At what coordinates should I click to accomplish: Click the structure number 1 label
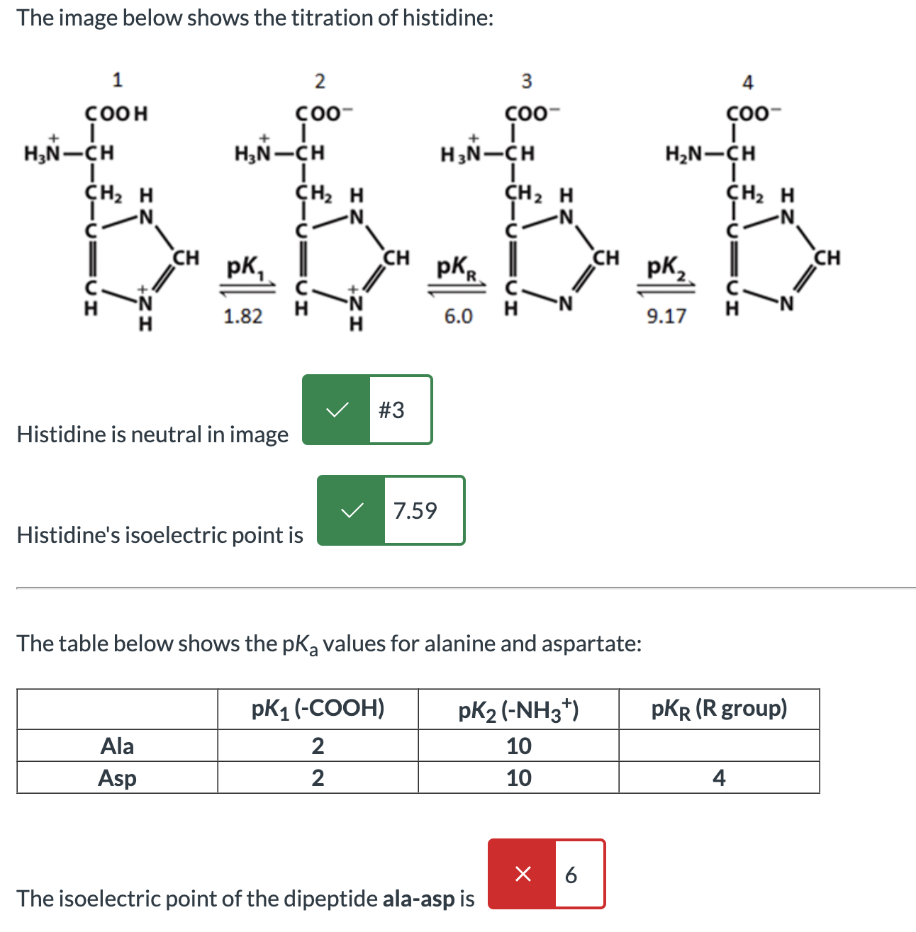pyautogui.click(x=118, y=79)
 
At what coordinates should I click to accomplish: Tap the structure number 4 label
pyautogui.click(x=747, y=82)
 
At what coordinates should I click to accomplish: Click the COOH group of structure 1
pyautogui.click(x=116, y=113)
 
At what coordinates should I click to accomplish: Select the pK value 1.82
pyautogui.click(x=242, y=316)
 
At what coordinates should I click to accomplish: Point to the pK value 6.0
pyautogui.click(x=458, y=316)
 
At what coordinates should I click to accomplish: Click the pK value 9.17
pyautogui.click(x=666, y=316)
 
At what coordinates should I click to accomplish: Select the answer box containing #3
pyautogui.click(x=400, y=410)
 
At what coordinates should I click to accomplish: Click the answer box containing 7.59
pyautogui.click(x=423, y=510)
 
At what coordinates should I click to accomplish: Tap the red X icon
pyautogui.click(x=523, y=874)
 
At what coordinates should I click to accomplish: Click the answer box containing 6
pyautogui.click(x=579, y=874)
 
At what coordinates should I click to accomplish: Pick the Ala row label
pyautogui.click(x=117, y=746)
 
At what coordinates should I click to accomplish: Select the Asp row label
pyautogui.click(x=117, y=777)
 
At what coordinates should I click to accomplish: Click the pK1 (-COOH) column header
pyautogui.click(x=318, y=708)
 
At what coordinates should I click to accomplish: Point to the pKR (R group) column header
pyautogui.click(x=719, y=708)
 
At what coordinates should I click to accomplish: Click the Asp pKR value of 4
pyautogui.click(x=719, y=777)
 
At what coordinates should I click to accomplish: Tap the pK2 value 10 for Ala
pyautogui.click(x=518, y=746)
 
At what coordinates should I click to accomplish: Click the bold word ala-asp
pyautogui.click(x=418, y=899)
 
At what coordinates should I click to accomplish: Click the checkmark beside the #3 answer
pyautogui.click(x=336, y=410)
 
